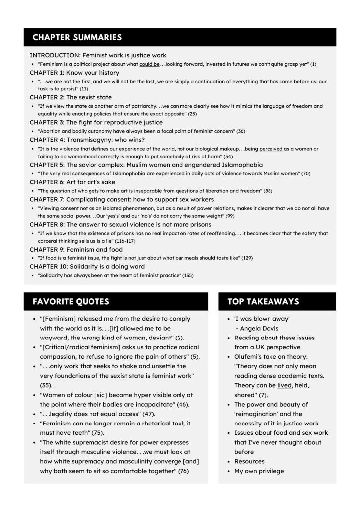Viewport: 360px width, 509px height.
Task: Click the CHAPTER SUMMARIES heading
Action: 77,37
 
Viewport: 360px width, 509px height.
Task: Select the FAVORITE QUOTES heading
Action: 71,302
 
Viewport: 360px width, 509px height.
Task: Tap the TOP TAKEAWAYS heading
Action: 263,302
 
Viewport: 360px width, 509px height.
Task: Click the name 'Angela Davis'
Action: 261,328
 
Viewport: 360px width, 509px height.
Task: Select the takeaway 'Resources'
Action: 249,461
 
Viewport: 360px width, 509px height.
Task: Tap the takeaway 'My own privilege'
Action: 259,471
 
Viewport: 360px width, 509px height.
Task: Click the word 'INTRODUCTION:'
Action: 55,55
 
